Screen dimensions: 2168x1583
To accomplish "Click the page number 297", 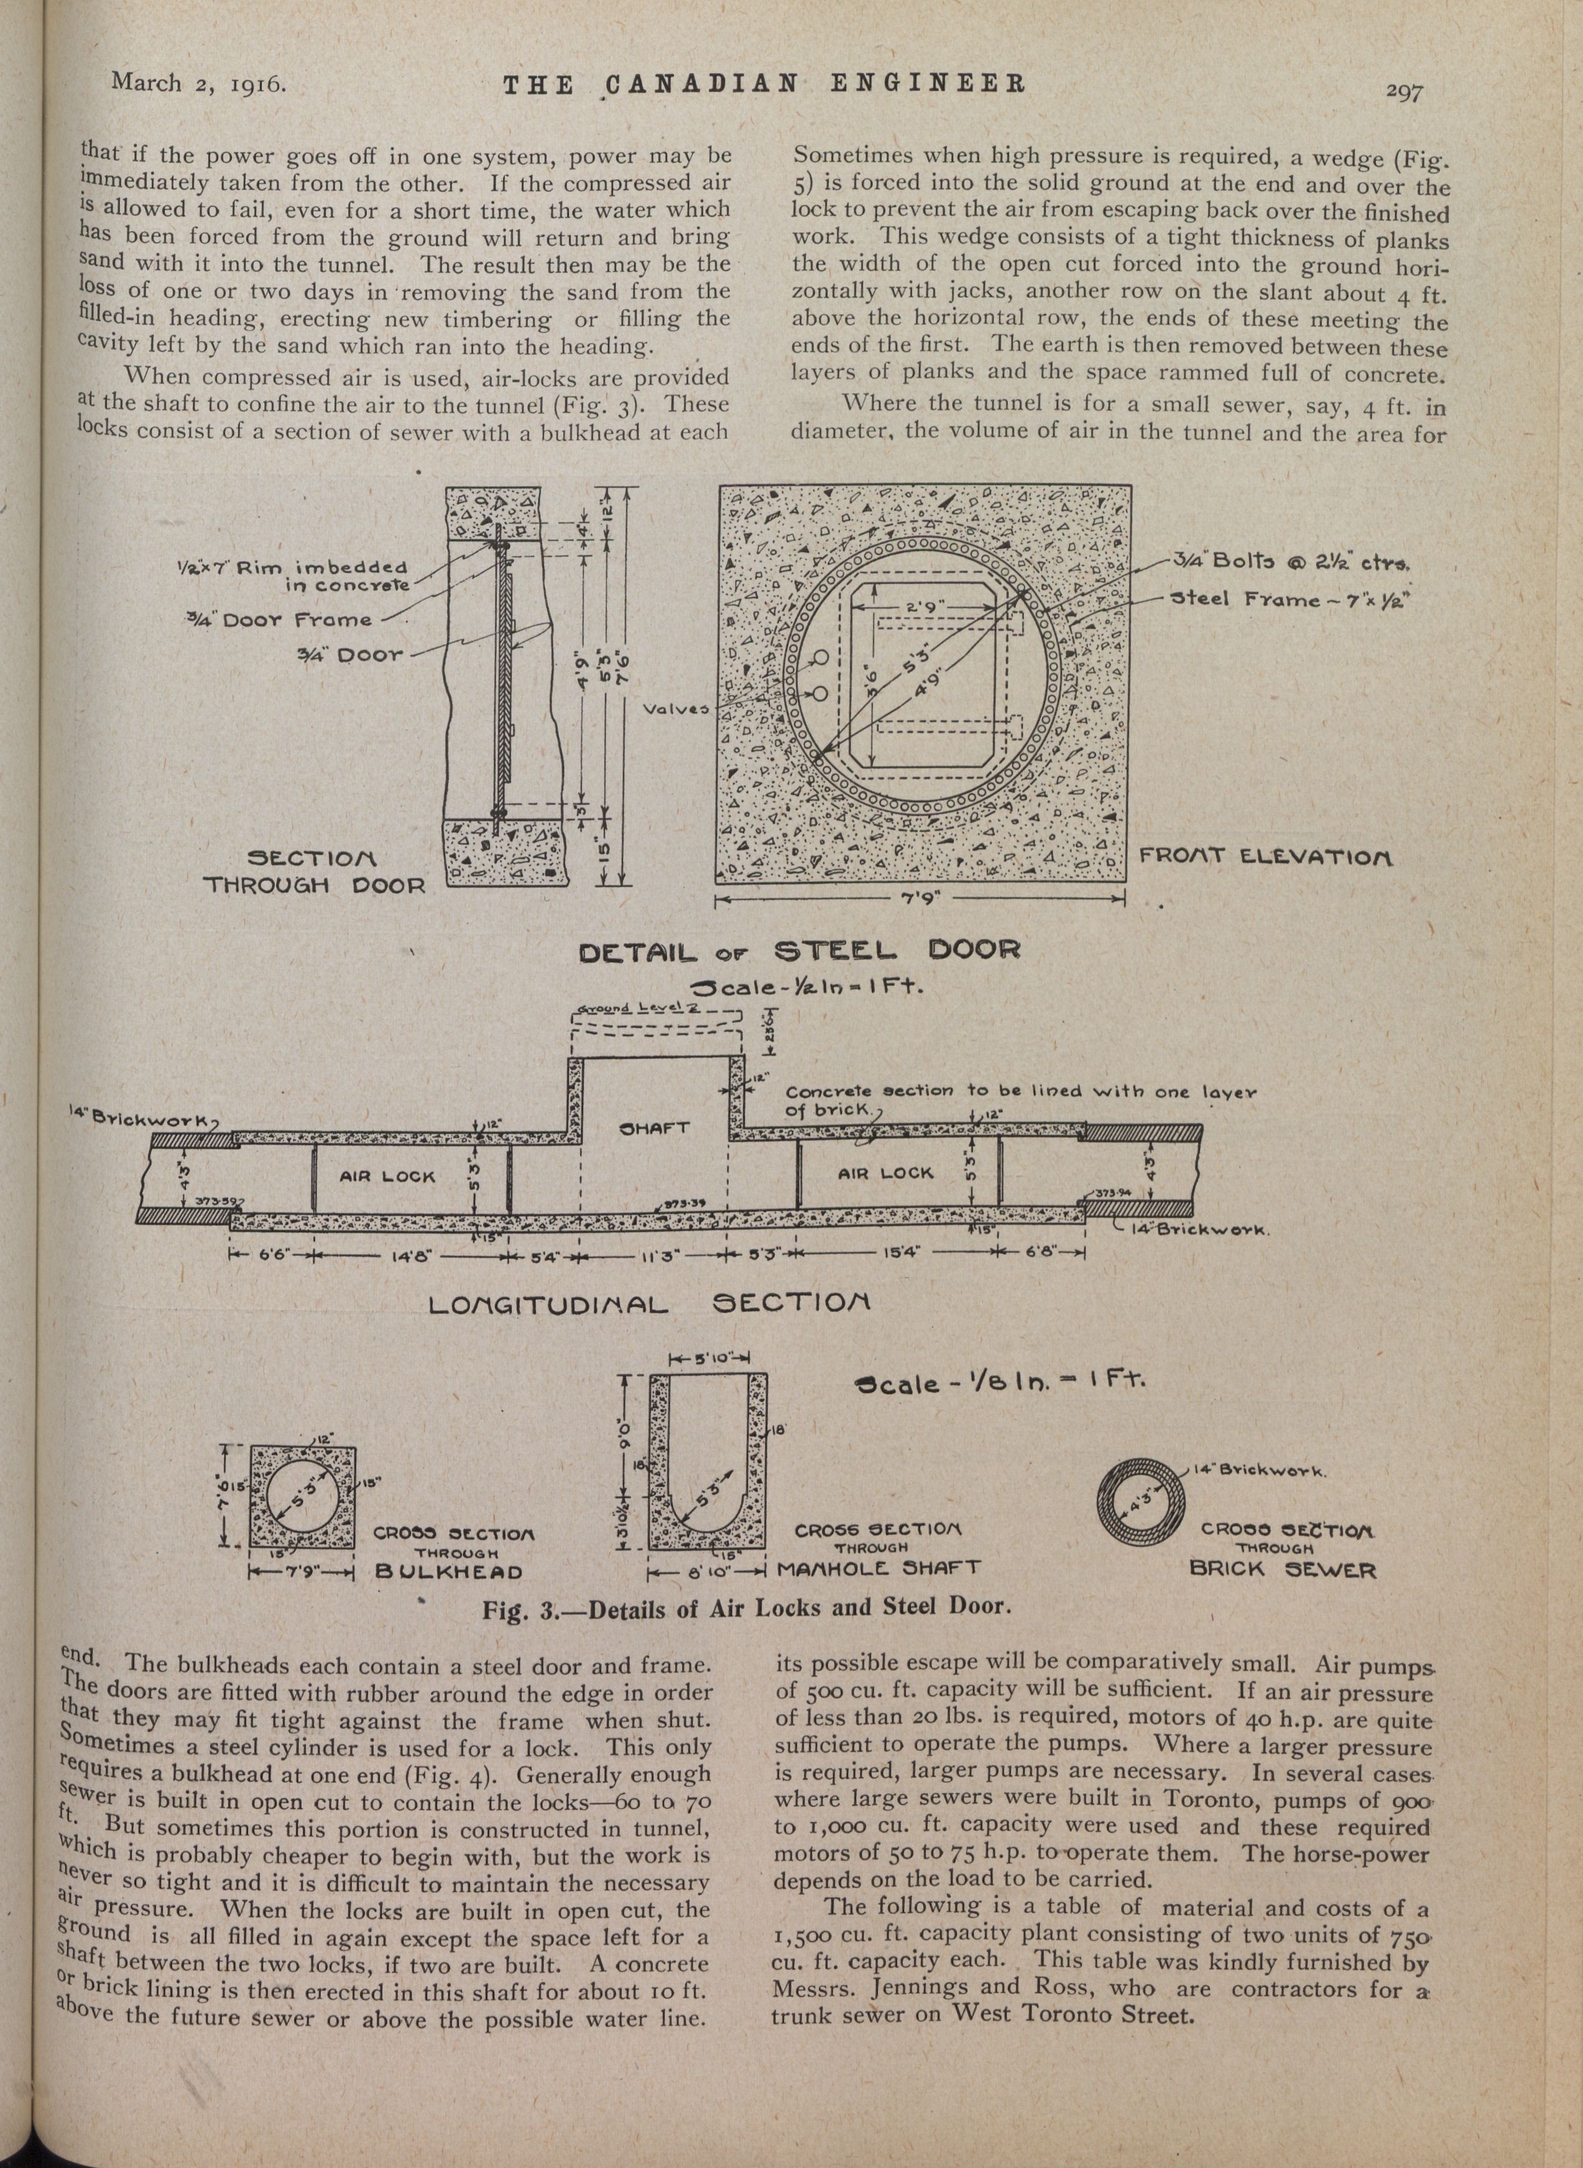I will point(1404,92).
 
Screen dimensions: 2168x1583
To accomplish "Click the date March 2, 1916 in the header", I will point(198,83).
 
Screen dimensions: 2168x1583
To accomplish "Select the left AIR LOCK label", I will point(387,1176).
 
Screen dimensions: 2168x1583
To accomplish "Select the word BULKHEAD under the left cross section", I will point(448,1572).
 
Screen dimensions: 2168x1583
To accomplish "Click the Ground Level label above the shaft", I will point(635,1008).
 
